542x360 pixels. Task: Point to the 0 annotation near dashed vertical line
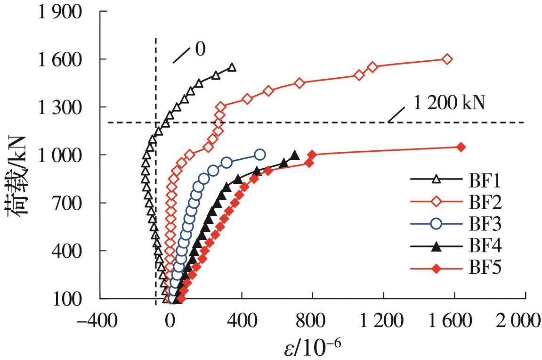(x=200, y=49)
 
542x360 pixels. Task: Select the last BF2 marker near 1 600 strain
(x=447, y=59)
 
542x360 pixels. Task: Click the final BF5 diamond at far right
(x=461, y=147)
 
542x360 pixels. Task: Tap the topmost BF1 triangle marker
(x=232, y=67)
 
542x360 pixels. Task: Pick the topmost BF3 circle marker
(x=259, y=154)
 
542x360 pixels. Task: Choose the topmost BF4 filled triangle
(x=295, y=155)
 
